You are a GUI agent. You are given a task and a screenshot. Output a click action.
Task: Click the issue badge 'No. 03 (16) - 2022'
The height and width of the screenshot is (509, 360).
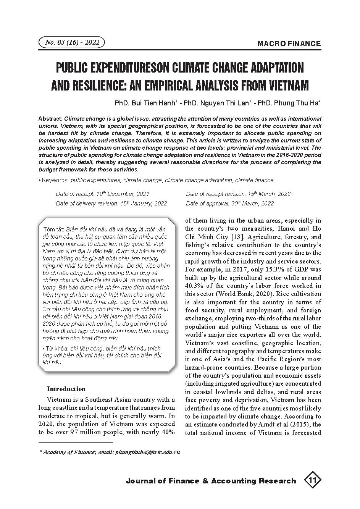[72, 42]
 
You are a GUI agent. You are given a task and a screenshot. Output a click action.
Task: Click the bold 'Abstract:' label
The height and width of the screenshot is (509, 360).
[51, 119]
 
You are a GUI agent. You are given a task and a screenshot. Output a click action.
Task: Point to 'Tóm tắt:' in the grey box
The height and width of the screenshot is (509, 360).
[54, 229]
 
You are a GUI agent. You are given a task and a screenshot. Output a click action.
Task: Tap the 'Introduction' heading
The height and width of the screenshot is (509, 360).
[66, 389]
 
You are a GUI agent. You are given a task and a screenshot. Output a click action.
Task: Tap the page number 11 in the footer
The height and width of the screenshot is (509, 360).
[313, 480]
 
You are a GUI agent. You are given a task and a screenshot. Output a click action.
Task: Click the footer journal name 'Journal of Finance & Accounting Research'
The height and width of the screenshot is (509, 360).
[211, 481]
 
